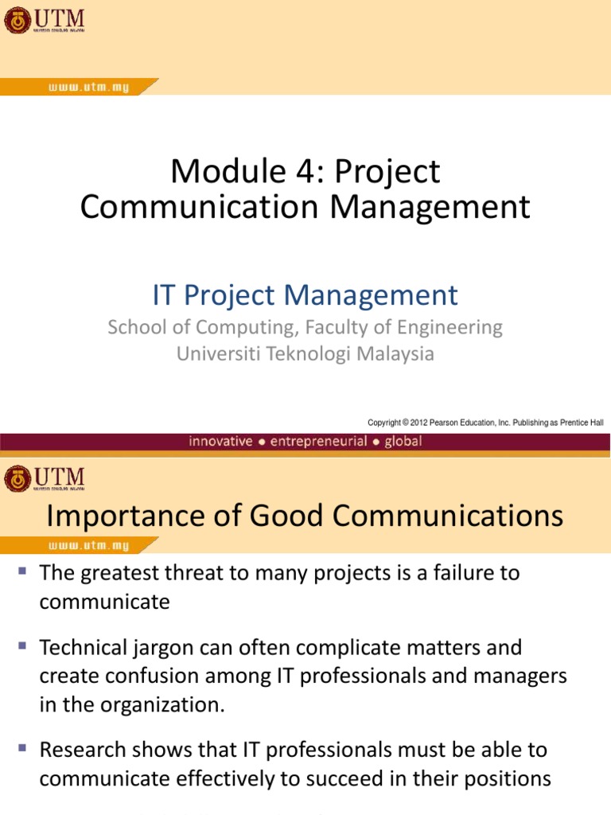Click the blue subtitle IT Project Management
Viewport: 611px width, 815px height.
pyautogui.click(x=305, y=295)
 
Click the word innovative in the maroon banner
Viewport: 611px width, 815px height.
pyautogui.click(x=220, y=441)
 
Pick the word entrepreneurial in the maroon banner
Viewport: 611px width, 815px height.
pyautogui.click(x=318, y=441)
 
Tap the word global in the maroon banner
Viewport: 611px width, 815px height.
pyautogui.click(x=403, y=441)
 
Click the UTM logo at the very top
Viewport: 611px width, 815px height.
pyautogui.click(x=45, y=20)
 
